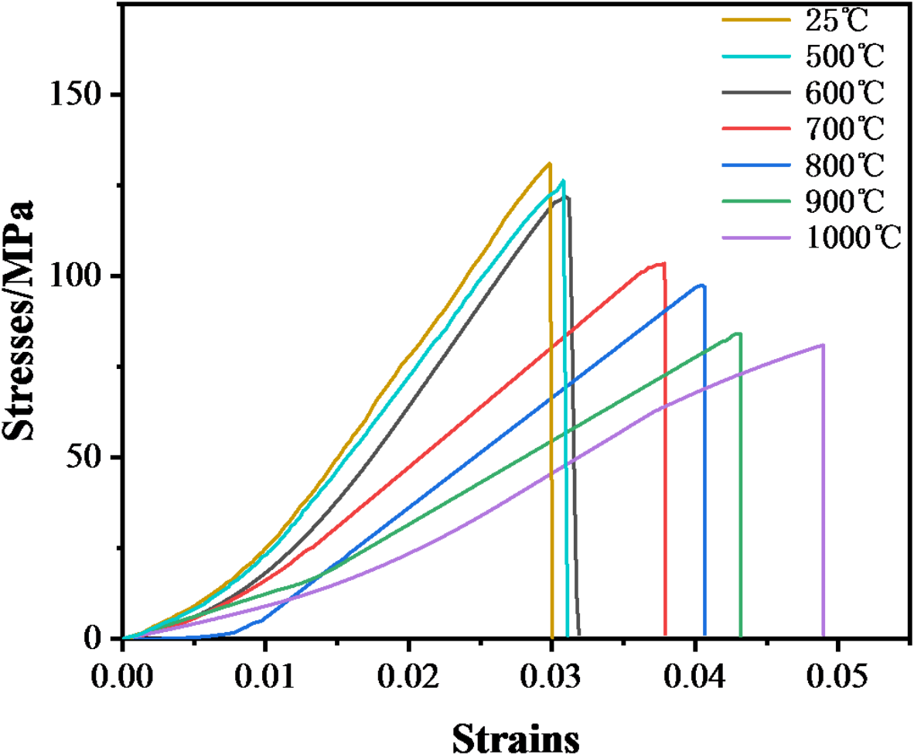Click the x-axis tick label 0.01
(x=265, y=670)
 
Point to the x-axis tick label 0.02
(x=408, y=670)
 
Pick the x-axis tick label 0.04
(x=695, y=670)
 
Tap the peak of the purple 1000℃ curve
(x=823, y=345)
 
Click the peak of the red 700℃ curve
(x=663, y=263)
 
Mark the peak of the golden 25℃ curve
(x=549, y=163)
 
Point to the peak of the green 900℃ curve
(x=738, y=333)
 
